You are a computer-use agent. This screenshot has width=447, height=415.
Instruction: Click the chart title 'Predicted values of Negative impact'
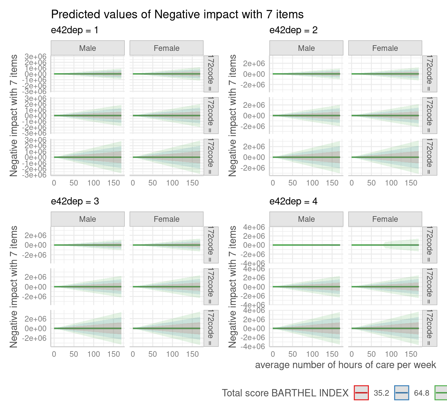coord(177,15)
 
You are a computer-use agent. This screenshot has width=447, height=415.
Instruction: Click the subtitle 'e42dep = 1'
coord(74,30)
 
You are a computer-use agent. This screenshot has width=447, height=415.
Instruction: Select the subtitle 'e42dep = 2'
coord(293,30)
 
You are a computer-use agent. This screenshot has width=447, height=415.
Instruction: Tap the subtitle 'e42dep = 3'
coord(74,202)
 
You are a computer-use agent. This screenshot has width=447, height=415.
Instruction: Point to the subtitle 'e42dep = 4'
coord(293,202)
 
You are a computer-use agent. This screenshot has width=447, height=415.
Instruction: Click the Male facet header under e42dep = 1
coord(87,48)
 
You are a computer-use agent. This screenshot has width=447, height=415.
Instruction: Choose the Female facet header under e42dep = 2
coord(385,48)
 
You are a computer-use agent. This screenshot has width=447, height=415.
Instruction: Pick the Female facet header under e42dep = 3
coord(166,219)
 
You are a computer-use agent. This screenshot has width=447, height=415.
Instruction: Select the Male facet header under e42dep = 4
coord(306,219)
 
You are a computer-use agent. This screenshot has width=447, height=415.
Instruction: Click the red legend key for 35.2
coord(361,393)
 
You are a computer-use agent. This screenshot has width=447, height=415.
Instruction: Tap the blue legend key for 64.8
coord(401,393)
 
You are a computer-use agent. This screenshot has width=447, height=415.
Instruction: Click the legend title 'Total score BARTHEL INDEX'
coord(285,393)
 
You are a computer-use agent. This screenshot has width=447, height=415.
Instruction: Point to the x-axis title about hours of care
coord(345,365)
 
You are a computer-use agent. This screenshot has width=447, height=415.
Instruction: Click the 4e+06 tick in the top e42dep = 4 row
coord(254,227)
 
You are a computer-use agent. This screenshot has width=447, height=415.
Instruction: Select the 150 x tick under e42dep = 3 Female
coord(192,354)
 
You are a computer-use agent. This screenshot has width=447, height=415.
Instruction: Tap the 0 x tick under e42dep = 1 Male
coord(54,183)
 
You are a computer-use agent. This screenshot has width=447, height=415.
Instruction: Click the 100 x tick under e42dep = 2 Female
coord(391,183)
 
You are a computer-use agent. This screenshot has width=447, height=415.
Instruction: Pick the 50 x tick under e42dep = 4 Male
coord(292,354)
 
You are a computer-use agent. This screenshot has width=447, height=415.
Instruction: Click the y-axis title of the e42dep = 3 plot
coord(14,287)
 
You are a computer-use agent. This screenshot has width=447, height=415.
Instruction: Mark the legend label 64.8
coord(421,393)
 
